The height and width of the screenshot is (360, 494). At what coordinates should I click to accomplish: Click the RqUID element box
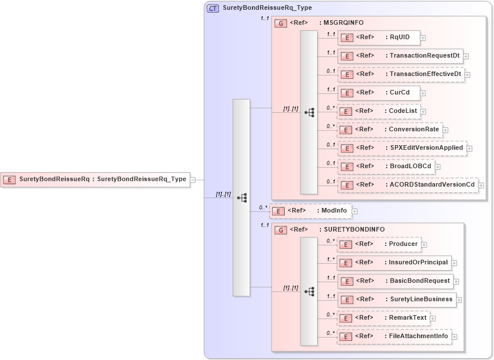click(x=378, y=37)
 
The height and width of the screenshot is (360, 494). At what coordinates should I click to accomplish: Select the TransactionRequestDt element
click(x=400, y=56)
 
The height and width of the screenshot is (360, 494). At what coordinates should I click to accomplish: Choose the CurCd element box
click(x=378, y=93)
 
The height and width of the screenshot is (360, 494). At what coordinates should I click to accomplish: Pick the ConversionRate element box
click(x=390, y=130)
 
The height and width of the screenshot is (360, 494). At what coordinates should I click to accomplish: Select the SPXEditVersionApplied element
click(x=402, y=148)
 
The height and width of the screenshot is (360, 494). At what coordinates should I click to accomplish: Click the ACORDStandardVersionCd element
click(x=408, y=185)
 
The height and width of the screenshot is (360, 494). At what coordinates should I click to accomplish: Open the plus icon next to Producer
click(x=424, y=245)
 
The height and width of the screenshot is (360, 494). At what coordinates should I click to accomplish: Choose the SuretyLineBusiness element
click(x=397, y=300)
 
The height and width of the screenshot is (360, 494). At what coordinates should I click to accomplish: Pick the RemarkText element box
click(x=383, y=318)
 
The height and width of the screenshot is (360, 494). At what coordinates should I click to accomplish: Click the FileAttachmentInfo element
click(x=394, y=336)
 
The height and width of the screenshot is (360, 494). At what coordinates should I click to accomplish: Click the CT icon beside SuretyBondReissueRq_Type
click(x=213, y=8)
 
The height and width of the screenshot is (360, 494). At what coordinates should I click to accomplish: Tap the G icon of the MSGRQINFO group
click(x=281, y=24)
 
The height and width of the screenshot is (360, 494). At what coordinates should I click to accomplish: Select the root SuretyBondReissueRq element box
click(x=95, y=179)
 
